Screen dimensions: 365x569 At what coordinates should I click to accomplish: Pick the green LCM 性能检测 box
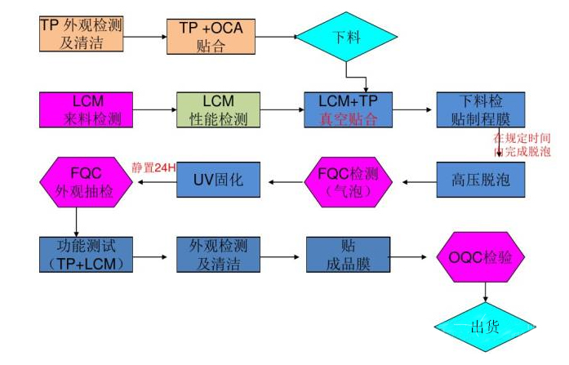pyautogui.click(x=218, y=110)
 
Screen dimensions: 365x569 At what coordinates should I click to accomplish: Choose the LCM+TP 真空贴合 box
pyautogui.click(x=348, y=110)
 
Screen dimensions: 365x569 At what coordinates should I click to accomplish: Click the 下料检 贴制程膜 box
pyautogui.click(x=480, y=110)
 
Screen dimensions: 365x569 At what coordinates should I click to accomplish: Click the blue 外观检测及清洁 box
pyautogui.click(x=218, y=254)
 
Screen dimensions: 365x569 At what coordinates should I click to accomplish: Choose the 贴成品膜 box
pyautogui.click(x=348, y=254)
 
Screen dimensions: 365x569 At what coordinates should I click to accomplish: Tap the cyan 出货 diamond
pyautogui.click(x=485, y=327)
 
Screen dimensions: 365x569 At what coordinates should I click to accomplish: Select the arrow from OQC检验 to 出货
pyautogui.click(x=485, y=291)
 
